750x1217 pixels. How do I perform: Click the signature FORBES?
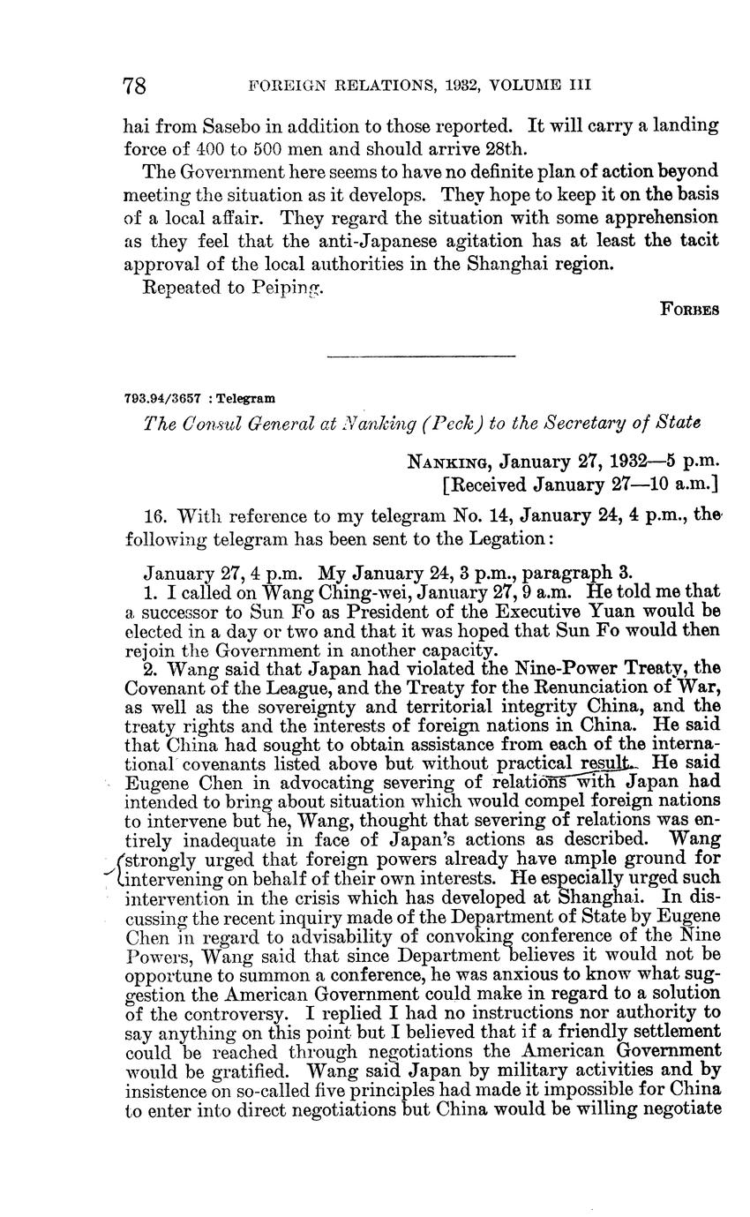coord(690,310)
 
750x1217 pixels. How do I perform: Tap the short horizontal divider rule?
coord(421,357)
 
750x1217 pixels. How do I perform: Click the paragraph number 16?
coord(155,515)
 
